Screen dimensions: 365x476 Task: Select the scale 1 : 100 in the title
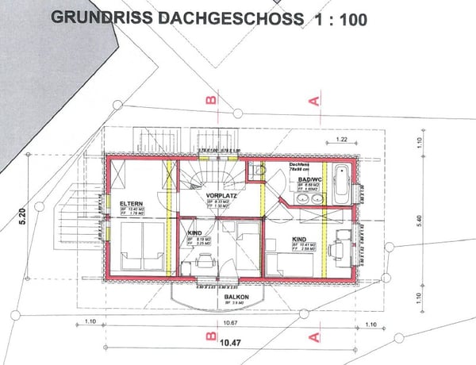[336, 19]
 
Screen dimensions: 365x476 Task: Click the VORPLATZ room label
[219, 194]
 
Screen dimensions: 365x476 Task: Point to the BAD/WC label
[309, 180]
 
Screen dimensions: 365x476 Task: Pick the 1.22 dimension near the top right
[341, 140]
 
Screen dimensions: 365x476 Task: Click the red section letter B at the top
[211, 101]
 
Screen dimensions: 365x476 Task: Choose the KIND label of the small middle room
[193, 234]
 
